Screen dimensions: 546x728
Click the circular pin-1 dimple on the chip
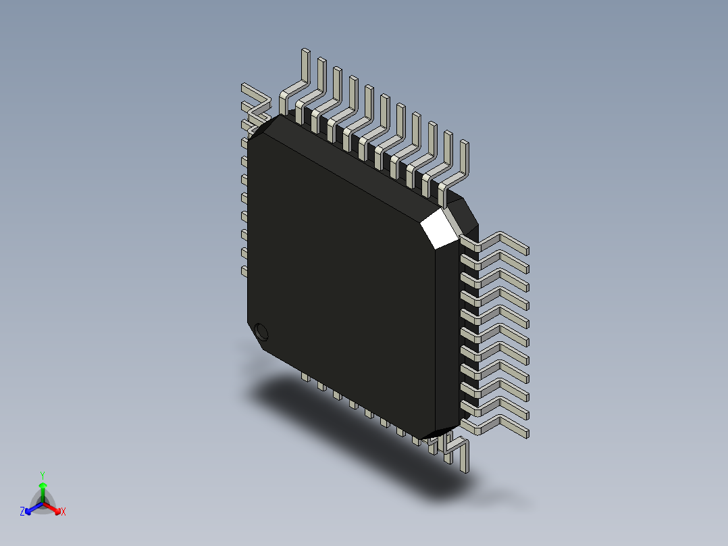(x=261, y=332)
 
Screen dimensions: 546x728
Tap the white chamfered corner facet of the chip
(x=440, y=227)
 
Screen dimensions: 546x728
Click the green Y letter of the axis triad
(x=42, y=475)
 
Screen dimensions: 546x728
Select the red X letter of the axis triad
(x=63, y=512)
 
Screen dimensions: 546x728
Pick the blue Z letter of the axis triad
(x=22, y=512)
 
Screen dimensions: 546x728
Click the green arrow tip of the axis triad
(x=42, y=486)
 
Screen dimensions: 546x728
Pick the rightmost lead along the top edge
(x=463, y=162)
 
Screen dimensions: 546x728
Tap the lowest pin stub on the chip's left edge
(x=244, y=270)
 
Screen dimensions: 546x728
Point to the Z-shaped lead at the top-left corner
(x=255, y=101)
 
